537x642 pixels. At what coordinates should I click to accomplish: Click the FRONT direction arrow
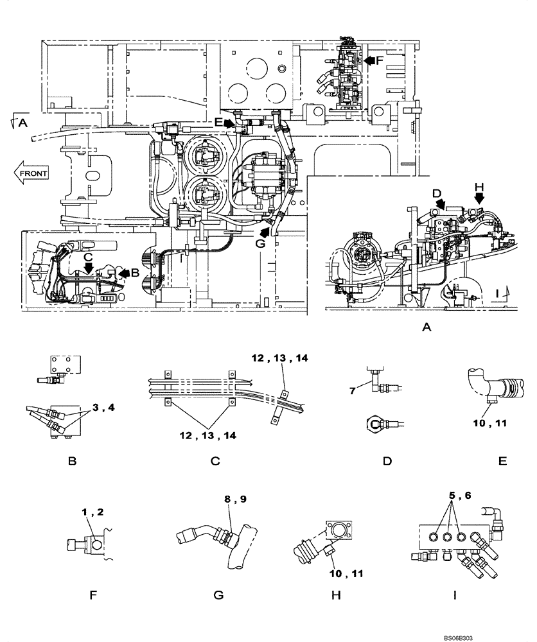tap(30, 173)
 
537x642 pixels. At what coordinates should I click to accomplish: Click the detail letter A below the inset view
tap(426, 327)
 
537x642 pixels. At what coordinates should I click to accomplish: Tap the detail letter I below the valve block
tap(454, 595)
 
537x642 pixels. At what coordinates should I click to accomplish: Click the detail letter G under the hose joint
tap(218, 595)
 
